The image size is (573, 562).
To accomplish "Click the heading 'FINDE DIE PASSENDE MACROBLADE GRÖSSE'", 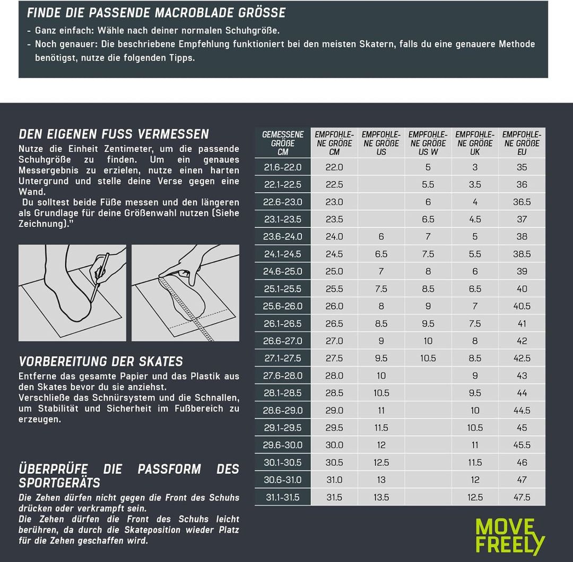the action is coord(156,13).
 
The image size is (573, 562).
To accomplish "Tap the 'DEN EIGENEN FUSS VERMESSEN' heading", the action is coord(114,134).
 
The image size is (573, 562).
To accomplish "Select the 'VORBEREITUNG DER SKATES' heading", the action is coord(100,362).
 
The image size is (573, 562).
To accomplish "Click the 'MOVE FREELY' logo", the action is coord(510,536).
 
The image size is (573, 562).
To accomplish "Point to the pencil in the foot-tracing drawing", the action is coord(99,277).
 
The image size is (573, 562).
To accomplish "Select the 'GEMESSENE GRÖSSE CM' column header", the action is coord(283,143).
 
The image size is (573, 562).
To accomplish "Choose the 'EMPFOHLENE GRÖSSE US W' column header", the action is coord(428,143).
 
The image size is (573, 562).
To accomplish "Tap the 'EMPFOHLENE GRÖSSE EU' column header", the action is coord(522,143).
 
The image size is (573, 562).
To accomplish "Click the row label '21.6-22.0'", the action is coord(283,167).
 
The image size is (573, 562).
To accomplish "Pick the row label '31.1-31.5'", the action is coord(283,497).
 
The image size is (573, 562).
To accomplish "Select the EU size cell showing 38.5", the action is coord(522,254).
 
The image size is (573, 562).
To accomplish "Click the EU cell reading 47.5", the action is coord(522,497).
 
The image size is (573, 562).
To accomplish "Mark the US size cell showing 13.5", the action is coord(381,497).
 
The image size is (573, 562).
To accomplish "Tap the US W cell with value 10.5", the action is coord(428,358).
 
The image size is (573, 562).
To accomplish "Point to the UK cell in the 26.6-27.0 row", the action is coord(475,341).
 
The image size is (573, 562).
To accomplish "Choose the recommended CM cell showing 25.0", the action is coord(334,271).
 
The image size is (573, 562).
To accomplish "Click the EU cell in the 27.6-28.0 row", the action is coord(522,376).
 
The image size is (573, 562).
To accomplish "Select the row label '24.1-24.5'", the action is coord(283,254).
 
